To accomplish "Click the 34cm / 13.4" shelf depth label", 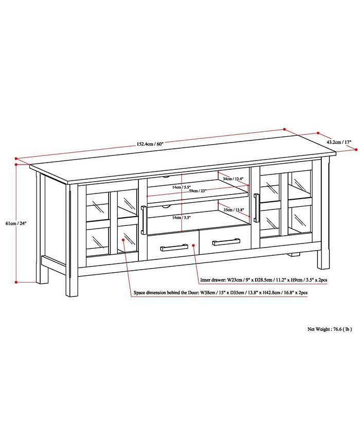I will coord(234,179).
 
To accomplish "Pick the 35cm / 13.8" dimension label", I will coord(234,210).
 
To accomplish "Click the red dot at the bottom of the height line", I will coord(17,282).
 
